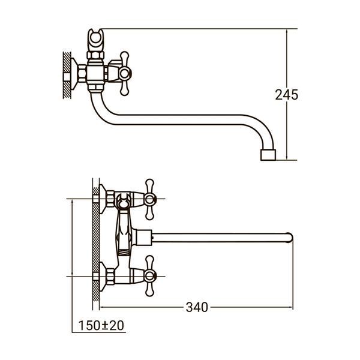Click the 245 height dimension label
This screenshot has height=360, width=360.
click(287, 94)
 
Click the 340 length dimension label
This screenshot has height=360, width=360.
click(197, 307)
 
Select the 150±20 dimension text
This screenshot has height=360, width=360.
click(101, 325)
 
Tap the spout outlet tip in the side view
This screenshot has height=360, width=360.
click(268, 155)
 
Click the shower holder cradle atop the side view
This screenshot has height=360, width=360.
click(95, 40)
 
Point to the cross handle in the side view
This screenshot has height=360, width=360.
click(125, 73)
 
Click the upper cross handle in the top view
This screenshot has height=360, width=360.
click(149, 199)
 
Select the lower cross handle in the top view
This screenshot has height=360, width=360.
click(149, 276)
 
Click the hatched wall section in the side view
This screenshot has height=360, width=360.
click(67, 75)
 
